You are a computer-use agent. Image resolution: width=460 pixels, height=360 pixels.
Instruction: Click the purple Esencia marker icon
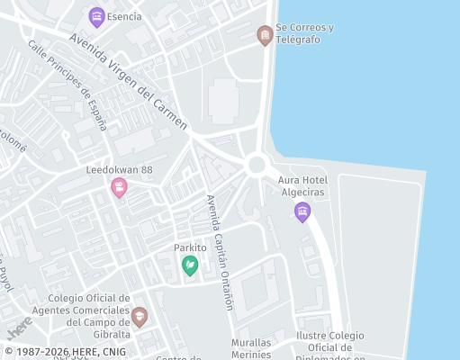(x=97, y=16)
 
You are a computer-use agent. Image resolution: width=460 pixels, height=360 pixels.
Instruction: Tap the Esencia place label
(x=124, y=16)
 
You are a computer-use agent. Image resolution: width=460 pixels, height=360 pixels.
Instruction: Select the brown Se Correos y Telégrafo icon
(x=265, y=35)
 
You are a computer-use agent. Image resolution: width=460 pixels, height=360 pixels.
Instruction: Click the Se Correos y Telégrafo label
(x=304, y=33)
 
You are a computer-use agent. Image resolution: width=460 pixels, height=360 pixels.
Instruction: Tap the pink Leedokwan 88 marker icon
(x=119, y=187)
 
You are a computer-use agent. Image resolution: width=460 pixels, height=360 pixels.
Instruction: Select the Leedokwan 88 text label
(x=120, y=169)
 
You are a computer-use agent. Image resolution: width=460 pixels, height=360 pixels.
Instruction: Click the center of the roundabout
(x=257, y=164)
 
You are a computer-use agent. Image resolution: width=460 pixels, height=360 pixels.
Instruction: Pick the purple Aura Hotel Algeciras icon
(x=302, y=211)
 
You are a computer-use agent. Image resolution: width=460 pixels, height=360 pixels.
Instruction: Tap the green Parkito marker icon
(x=190, y=265)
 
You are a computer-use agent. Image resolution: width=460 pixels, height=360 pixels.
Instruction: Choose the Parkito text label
(x=190, y=247)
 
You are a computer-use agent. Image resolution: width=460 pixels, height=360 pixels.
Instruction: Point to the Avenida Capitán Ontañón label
(x=220, y=252)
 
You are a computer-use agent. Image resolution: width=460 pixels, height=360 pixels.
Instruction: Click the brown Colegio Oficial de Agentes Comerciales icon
(x=139, y=316)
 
